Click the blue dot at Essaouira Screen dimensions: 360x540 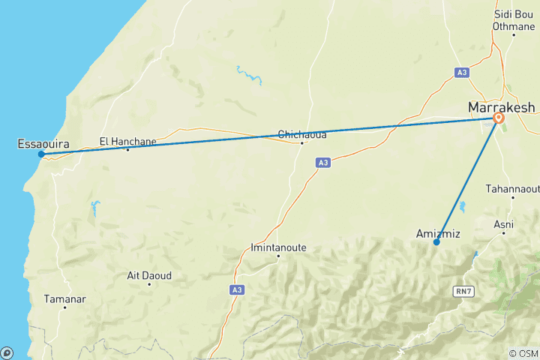point(42,154)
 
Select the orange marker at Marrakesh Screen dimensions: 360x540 point(499,118)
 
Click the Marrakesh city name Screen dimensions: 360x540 point(502,107)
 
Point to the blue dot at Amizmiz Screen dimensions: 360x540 point(436,241)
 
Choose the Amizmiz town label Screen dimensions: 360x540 point(438,233)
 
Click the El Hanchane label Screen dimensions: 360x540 point(128,139)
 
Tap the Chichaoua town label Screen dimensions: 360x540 point(301,134)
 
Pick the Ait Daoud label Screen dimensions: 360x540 point(149,275)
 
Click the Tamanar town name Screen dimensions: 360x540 point(65,298)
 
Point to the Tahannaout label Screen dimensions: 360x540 point(512,188)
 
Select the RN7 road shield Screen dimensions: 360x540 point(463,290)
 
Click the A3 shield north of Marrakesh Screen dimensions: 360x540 point(462,73)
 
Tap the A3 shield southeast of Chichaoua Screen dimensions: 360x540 point(322,162)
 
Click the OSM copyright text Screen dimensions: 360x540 point(522,353)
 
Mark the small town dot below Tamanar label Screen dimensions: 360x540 point(65,307)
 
